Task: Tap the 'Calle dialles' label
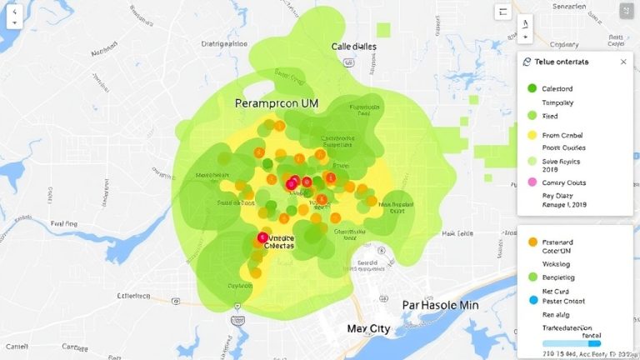[x=354, y=47]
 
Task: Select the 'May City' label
[x=368, y=329]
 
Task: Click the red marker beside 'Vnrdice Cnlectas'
[x=263, y=237]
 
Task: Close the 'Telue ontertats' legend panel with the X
[x=622, y=62]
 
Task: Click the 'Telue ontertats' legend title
[x=560, y=62]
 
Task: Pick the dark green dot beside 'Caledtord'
[x=532, y=87]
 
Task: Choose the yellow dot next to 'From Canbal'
[x=532, y=135]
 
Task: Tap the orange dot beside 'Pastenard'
[x=532, y=242]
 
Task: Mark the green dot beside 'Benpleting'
[x=532, y=276]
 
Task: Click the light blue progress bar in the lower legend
[x=571, y=342]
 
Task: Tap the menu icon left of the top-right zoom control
[x=502, y=12]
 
